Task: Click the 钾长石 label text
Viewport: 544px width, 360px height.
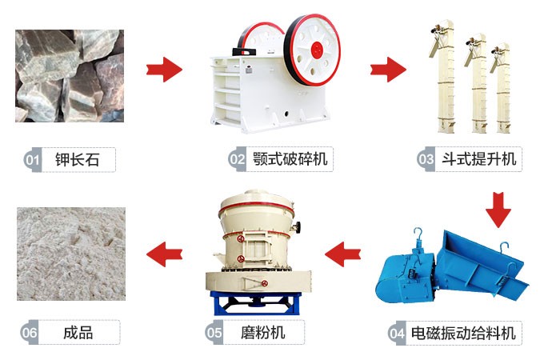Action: tap(78, 159)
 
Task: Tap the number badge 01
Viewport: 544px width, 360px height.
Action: tap(32, 159)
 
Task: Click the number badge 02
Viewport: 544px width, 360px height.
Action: tap(237, 158)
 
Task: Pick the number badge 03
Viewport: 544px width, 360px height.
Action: tap(426, 158)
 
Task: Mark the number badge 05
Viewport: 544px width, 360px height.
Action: tap(214, 331)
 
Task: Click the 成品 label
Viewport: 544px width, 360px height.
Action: tap(78, 331)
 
